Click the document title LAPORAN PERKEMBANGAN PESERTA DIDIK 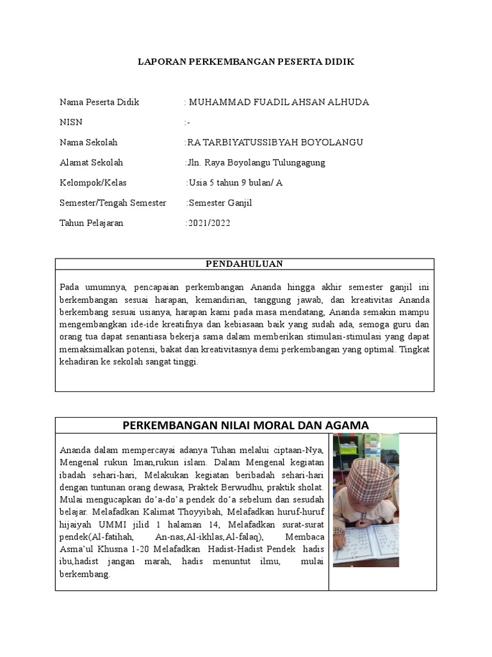[x=246, y=62]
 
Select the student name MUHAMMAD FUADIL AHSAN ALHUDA [x=278, y=103]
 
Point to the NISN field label [x=71, y=123]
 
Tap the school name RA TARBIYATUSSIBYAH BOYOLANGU [x=275, y=142]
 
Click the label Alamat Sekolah [x=91, y=163]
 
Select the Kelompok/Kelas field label [x=93, y=183]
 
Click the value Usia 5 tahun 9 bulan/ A [x=235, y=183]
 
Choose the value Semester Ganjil [x=220, y=203]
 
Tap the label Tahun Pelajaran [x=91, y=223]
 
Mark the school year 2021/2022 [x=208, y=223]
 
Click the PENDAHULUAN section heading [x=244, y=264]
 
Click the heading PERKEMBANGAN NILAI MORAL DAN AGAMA [x=245, y=425]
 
